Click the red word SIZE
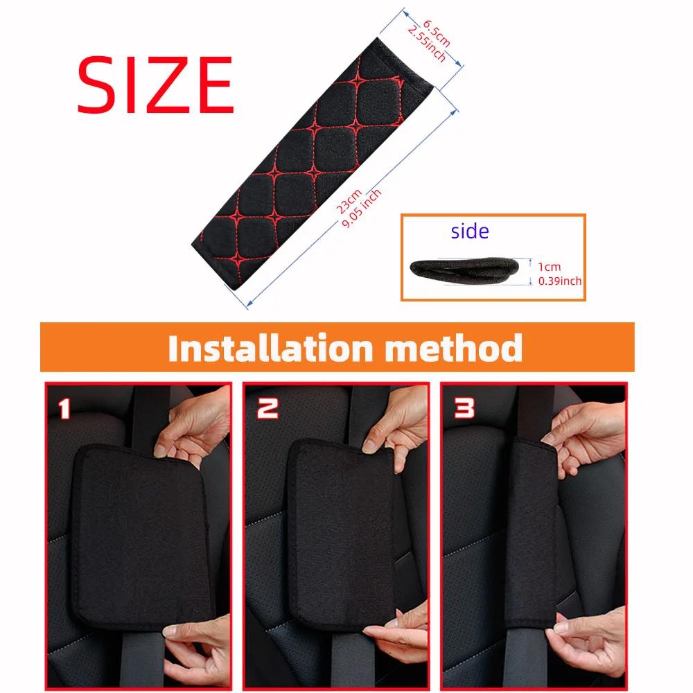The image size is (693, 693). pyautogui.click(x=155, y=85)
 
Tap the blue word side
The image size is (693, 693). pyautogui.click(x=469, y=231)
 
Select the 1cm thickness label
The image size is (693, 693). pyautogui.click(x=549, y=266)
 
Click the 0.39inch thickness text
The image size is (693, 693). pyautogui.click(x=560, y=281)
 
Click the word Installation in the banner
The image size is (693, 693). pyautogui.click(x=270, y=347)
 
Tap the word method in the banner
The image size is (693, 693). pyautogui.click(x=453, y=347)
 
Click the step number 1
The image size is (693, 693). pyautogui.click(x=64, y=409)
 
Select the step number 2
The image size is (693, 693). pyautogui.click(x=267, y=409)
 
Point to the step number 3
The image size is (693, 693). pyautogui.click(x=464, y=409)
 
